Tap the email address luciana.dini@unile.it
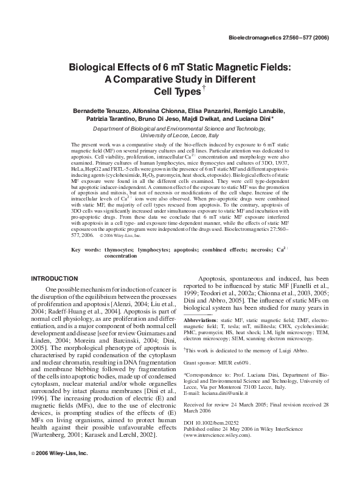[229, 394]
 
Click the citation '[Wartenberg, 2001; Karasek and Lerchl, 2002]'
[103, 437]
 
